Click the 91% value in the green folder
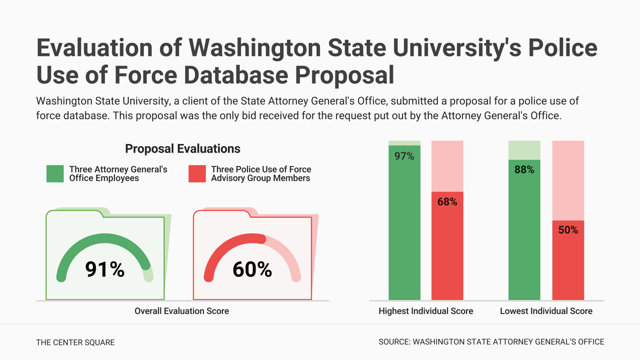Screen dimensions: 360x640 pos(105,270)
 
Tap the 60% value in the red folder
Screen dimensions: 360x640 pos(252,270)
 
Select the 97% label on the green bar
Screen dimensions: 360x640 pos(404,156)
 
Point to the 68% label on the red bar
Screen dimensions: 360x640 pos(447,202)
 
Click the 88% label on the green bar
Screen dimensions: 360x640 pos(524,170)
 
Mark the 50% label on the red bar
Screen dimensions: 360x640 pos(568,230)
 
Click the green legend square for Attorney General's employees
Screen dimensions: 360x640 pos(55,174)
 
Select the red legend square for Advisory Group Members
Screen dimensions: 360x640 pos(197,174)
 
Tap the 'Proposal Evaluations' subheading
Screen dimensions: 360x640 pos(182,149)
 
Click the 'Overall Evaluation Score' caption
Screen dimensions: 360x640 pos(182,311)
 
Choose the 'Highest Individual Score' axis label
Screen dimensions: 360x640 pos(425,311)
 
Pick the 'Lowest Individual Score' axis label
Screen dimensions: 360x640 pos(546,311)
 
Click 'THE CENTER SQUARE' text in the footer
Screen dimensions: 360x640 pos(75,343)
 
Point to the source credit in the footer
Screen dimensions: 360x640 pos(491,342)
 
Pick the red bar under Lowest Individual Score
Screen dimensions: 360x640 pos(568,266)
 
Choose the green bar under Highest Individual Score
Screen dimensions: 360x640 pos(404,229)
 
